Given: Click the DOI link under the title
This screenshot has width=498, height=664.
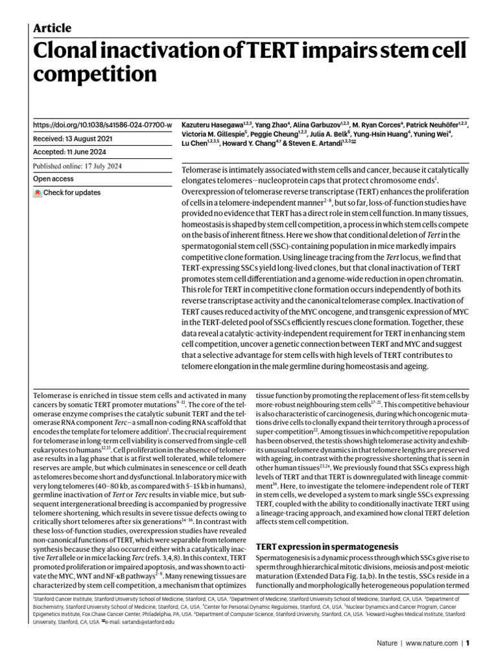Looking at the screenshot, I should coord(102,124).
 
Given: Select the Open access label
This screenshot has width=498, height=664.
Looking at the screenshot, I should coord(54,180).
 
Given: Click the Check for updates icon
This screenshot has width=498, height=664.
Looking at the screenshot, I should coord(38,193).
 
